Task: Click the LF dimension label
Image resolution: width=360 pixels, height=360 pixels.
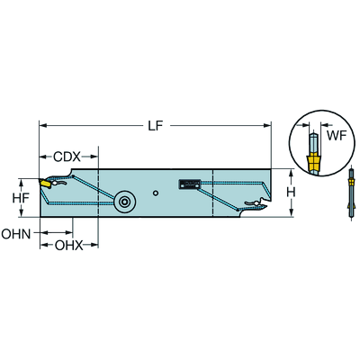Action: (x=156, y=126)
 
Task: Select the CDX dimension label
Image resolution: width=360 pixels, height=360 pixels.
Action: (x=67, y=157)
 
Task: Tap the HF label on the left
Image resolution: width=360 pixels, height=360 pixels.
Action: (x=21, y=198)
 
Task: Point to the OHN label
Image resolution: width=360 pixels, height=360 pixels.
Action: (x=16, y=234)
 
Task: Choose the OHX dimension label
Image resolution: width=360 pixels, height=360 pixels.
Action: (x=68, y=246)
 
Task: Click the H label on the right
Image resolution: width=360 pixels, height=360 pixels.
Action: (x=290, y=192)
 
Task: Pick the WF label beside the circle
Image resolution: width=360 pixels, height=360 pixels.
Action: (x=337, y=136)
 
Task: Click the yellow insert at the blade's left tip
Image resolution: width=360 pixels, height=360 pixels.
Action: (x=44, y=183)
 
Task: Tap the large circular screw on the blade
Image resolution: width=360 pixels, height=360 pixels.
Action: (x=124, y=202)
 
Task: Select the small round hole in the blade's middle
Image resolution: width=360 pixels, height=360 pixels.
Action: (x=155, y=193)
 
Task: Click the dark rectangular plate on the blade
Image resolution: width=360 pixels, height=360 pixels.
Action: (x=189, y=184)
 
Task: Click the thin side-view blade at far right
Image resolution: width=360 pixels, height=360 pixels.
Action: (x=352, y=194)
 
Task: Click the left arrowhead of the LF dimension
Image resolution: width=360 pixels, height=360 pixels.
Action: (x=42, y=126)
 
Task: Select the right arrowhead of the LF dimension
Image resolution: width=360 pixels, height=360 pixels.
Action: (x=267, y=126)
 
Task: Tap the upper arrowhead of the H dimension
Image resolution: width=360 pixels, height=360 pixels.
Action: (x=291, y=172)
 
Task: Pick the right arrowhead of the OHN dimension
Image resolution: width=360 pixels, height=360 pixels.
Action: (x=69, y=232)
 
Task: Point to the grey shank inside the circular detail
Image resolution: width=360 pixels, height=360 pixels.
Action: (x=314, y=143)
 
